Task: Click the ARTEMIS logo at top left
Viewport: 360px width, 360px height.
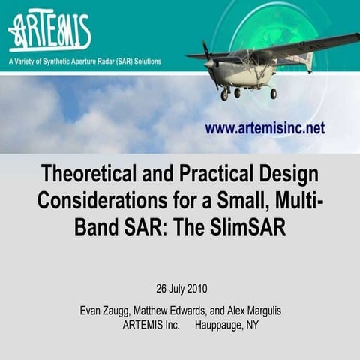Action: coord(49,32)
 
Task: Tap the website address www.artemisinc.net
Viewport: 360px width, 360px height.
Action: coord(265,129)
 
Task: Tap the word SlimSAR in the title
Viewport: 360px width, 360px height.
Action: coord(250,227)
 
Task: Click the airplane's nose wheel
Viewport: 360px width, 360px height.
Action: coord(223,95)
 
